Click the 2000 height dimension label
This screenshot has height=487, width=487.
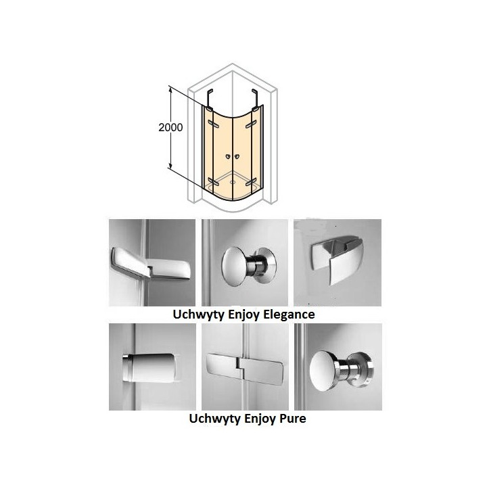pos(170,127)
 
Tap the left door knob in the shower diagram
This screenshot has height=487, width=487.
pos(229,157)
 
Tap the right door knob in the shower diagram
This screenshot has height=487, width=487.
pos(237,157)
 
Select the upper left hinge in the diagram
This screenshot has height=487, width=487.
pos(214,124)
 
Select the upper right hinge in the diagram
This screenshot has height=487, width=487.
pos(251,124)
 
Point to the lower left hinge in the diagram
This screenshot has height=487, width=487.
pos(213,182)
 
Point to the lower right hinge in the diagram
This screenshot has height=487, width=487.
pos(251,182)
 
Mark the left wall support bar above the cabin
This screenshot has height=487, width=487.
pos(209,99)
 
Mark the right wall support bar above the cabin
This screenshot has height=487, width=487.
pos(256,99)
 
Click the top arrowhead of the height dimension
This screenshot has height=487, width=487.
pos(170,89)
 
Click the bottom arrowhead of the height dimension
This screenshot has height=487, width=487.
pos(170,166)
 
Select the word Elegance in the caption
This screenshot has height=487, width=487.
pos(289,315)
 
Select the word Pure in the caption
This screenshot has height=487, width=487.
pos(293,419)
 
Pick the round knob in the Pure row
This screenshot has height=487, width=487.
pos(342,371)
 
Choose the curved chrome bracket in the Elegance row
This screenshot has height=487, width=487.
pos(337,260)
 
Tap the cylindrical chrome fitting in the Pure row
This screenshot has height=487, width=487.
pos(149,368)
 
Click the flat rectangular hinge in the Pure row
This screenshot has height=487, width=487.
pos(245,368)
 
